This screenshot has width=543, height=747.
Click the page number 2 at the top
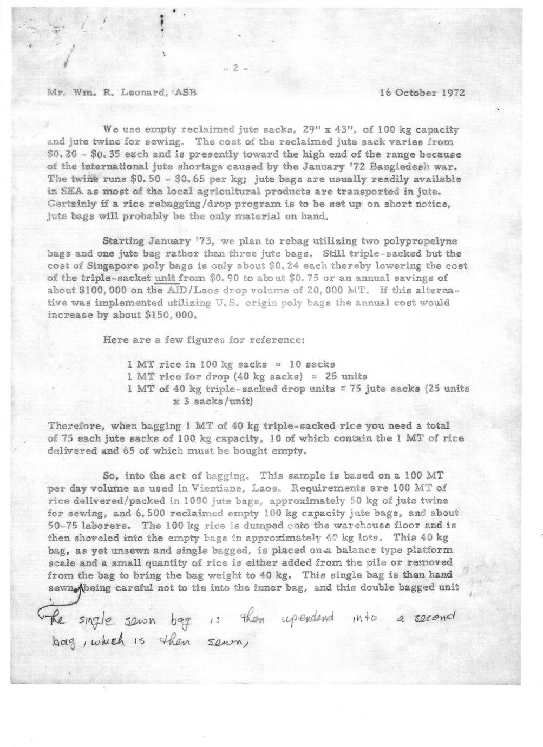coord(235,68)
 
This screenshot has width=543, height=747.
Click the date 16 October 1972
coord(422,92)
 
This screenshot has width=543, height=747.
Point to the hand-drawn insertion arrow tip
coord(82,589)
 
